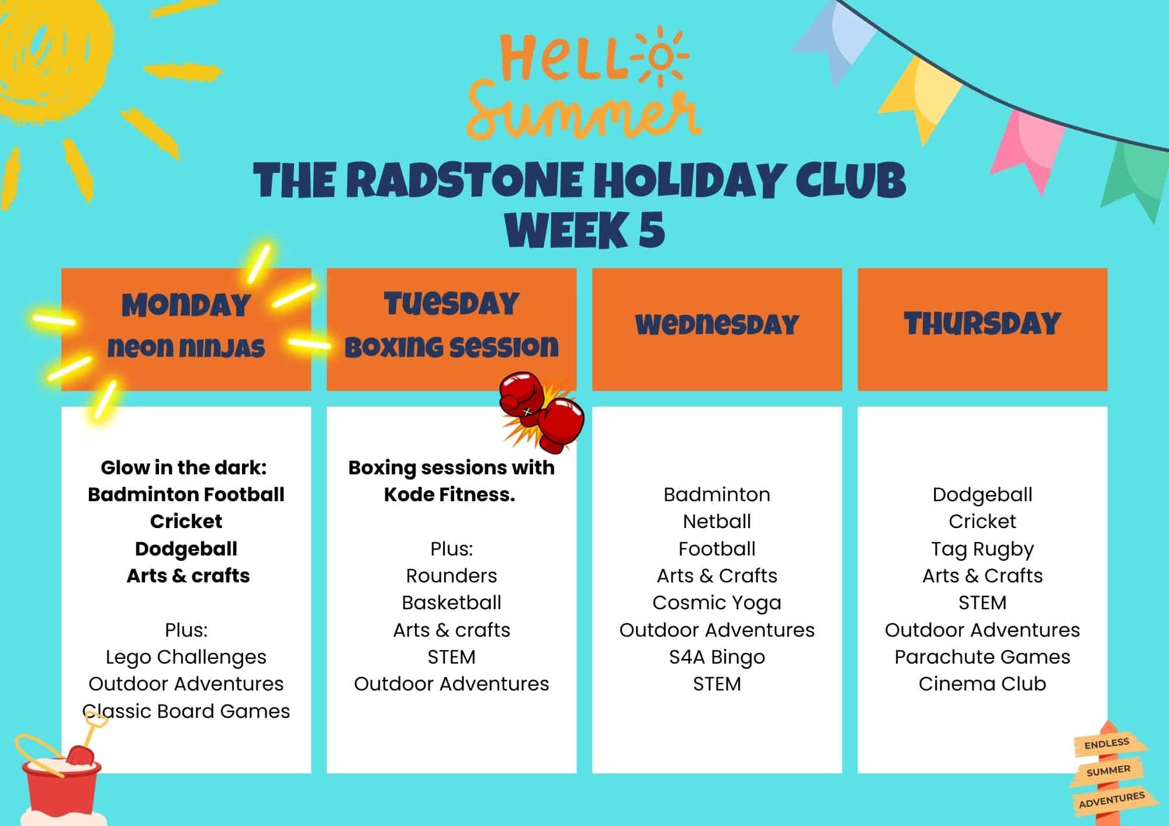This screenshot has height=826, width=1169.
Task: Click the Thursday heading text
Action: click(x=982, y=324)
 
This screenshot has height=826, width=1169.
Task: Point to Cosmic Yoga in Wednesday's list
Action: click(x=717, y=602)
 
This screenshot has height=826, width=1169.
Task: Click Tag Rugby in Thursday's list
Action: click(x=982, y=549)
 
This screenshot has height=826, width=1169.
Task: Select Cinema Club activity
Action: click(x=982, y=683)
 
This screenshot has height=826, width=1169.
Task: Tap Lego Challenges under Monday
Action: click(x=186, y=657)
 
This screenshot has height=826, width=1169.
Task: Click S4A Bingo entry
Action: click(x=717, y=657)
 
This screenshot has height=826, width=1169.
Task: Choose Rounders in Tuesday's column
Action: click(x=451, y=575)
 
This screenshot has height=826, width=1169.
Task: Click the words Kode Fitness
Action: click(x=449, y=494)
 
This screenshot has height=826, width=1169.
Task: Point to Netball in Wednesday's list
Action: click(x=717, y=521)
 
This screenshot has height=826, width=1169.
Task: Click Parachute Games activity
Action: click(x=982, y=657)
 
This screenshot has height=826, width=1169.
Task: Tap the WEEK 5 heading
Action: click(x=584, y=230)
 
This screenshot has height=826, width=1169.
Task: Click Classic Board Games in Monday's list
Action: click(x=186, y=711)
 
